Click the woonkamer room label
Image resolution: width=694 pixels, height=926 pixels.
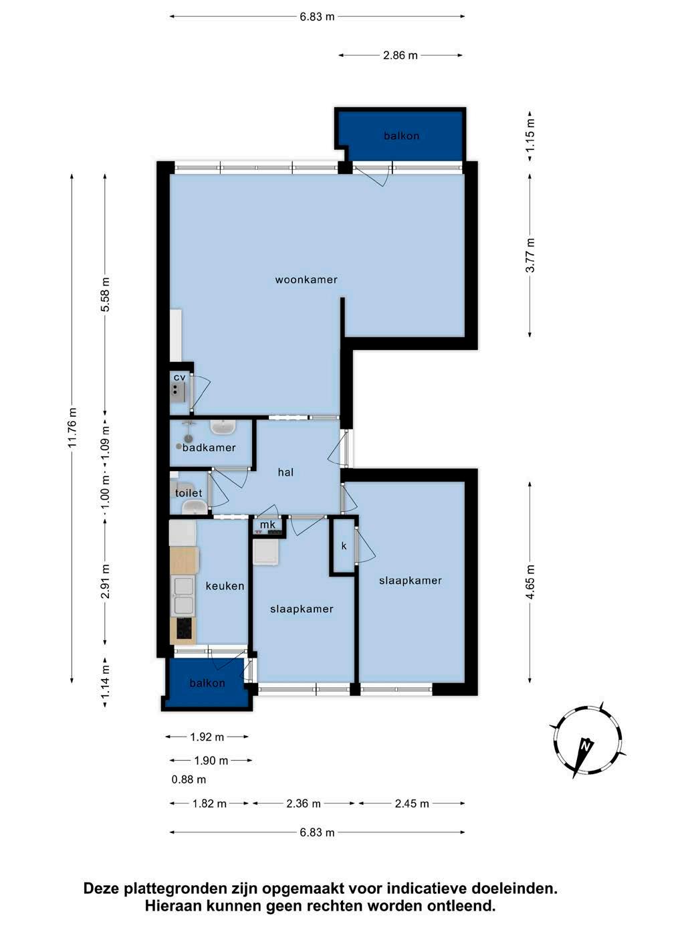point(306,279)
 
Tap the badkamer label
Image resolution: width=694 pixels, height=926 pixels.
point(209,448)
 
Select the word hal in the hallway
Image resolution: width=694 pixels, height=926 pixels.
point(285,472)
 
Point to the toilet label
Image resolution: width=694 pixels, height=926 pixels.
point(189,492)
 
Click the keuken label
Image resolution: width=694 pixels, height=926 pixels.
point(225,586)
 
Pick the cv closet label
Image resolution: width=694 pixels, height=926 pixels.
point(179,377)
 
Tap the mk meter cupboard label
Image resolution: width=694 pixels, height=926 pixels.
point(267,525)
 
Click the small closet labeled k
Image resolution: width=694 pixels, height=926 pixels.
point(344,546)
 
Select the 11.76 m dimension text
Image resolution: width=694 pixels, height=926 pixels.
point(72,428)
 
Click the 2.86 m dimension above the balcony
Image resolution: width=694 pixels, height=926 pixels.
point(400,56)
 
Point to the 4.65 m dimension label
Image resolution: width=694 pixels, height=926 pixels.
point(530,581)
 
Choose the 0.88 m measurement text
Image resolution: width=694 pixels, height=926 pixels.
point(189,779)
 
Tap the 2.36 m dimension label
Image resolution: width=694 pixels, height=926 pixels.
point(304,804)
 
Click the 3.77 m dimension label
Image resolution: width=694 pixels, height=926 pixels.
point(530,255)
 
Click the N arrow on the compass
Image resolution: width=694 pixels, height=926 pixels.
point(583,758)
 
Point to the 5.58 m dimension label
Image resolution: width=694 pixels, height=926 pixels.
point(105,294)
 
